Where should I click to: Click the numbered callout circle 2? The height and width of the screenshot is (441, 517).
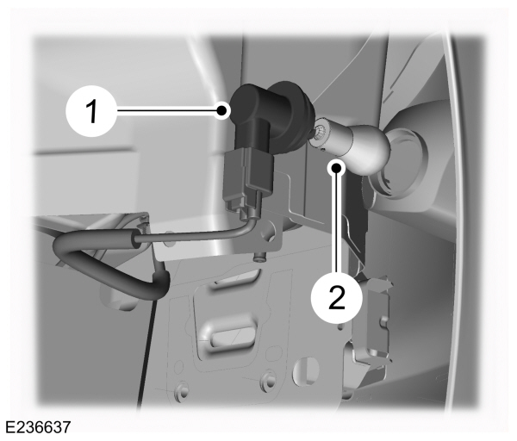[336, 297]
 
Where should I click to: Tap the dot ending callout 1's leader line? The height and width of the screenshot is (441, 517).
[222, 110]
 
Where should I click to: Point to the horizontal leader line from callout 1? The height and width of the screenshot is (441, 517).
[168, 109]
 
